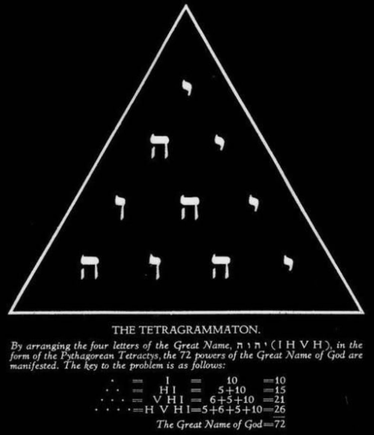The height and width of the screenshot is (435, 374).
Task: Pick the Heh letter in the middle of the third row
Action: pyautogui.click(x=189, y=207)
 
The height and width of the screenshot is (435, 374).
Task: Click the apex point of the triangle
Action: pyautogui.click(x=186, y=7)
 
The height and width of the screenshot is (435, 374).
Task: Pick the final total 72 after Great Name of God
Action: pyautogui.click(x=280, y=424)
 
